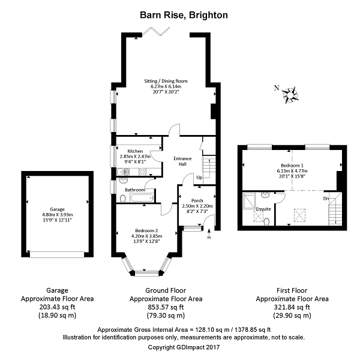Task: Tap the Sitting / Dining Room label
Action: [x=166, y=80]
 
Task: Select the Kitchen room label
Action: [x=135, y=151]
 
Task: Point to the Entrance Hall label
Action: [x=182, y=161]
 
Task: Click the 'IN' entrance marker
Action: [x=209, y=238]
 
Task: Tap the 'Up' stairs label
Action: [x=198, y=177]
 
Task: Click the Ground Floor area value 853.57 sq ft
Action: [x=166, y=307]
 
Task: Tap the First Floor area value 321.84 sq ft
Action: [x=292, y=307]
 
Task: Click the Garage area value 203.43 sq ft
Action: [x=57, y=307]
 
